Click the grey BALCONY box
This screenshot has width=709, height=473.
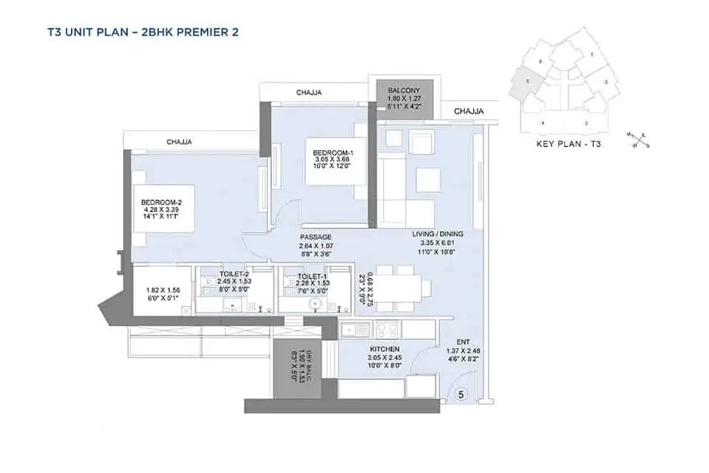[x=404, y=95]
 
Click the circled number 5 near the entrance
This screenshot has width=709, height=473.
[x=461, y=395]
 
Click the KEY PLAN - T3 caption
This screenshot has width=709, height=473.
[x=569, y=144]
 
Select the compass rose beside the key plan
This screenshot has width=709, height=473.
[x=638, y=139]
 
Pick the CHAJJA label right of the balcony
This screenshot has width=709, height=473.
[x=468, y=111]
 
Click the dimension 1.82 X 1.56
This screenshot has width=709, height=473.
[x=162, y=291]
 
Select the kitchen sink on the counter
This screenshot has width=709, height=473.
[x=351, y=328]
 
